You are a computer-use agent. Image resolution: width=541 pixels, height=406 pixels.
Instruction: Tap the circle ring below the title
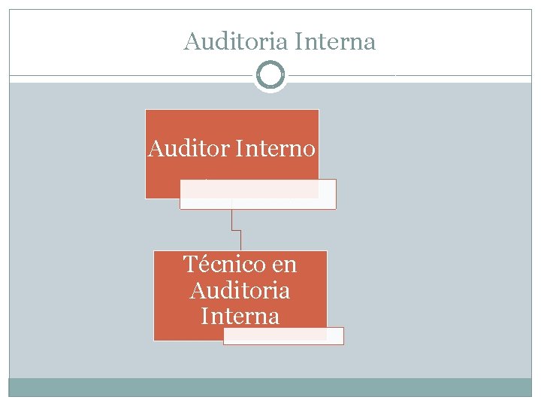pos(270,75)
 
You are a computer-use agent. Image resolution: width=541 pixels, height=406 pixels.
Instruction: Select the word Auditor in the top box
pos(189,149)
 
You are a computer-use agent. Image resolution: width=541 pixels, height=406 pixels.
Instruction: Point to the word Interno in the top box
pos(275,149)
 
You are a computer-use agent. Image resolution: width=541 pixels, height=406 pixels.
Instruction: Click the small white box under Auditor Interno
pos(258,194)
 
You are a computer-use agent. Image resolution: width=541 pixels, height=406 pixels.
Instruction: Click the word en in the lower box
pos(285,265)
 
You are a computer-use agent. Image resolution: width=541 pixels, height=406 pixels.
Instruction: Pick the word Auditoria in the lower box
pos(240,289)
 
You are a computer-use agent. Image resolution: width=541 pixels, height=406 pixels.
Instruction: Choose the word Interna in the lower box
pos(240,315)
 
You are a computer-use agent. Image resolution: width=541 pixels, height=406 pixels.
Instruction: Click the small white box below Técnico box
pos(283,335)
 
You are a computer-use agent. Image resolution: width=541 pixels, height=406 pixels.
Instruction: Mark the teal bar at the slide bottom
pos(270,386)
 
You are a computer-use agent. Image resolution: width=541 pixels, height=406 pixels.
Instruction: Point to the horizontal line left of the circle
pos(131,76)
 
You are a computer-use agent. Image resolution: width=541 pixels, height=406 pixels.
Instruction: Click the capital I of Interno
pos(240,149)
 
